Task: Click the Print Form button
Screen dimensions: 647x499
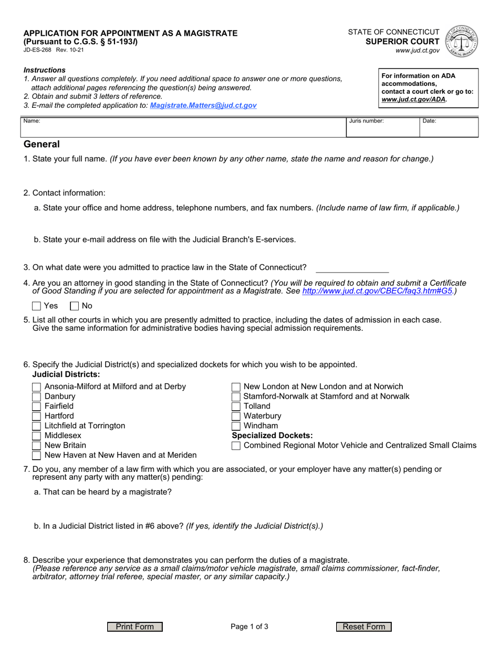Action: pyautogui.click(x=135, y=626)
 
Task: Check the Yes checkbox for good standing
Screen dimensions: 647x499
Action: pyautogui.click(x=37, y=306)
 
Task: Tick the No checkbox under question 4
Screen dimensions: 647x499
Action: pyautogui.click(x=75, y=306)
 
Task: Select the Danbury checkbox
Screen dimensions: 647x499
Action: pyautogui.click(x=37, y=397)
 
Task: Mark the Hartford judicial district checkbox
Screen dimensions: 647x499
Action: pyautogui.click(x=37, y=416)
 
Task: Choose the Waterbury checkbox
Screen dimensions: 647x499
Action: pyautogui.click(x=236, y=416)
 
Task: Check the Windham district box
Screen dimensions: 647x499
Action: pyautogui.click(x=236, y=426)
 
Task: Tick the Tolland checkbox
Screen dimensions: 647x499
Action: pyautogui.click(x=236, y=406)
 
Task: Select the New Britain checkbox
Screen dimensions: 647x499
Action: pyautogui.click(x=37, y=445)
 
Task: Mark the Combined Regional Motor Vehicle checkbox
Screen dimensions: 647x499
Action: pyautogui.click(x=236, y=446)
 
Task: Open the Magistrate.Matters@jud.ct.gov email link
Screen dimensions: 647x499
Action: pyautogui.click(x=203, y=105)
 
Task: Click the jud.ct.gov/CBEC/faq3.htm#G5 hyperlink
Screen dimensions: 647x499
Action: pyautogui.click(x=377, y=291)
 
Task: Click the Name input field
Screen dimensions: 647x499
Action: pyautogui.click(x=184, y=129)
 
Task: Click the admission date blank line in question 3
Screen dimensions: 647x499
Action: pyautogui.click(x=352, y=268)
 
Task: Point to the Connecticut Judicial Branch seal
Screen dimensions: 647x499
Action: pyautogui.click(x=461, y=41)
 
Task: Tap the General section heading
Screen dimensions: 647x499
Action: pyautogui.click(x=41, y=145)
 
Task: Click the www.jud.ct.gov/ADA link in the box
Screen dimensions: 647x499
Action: pyautogui.click(x=413, y=99)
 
